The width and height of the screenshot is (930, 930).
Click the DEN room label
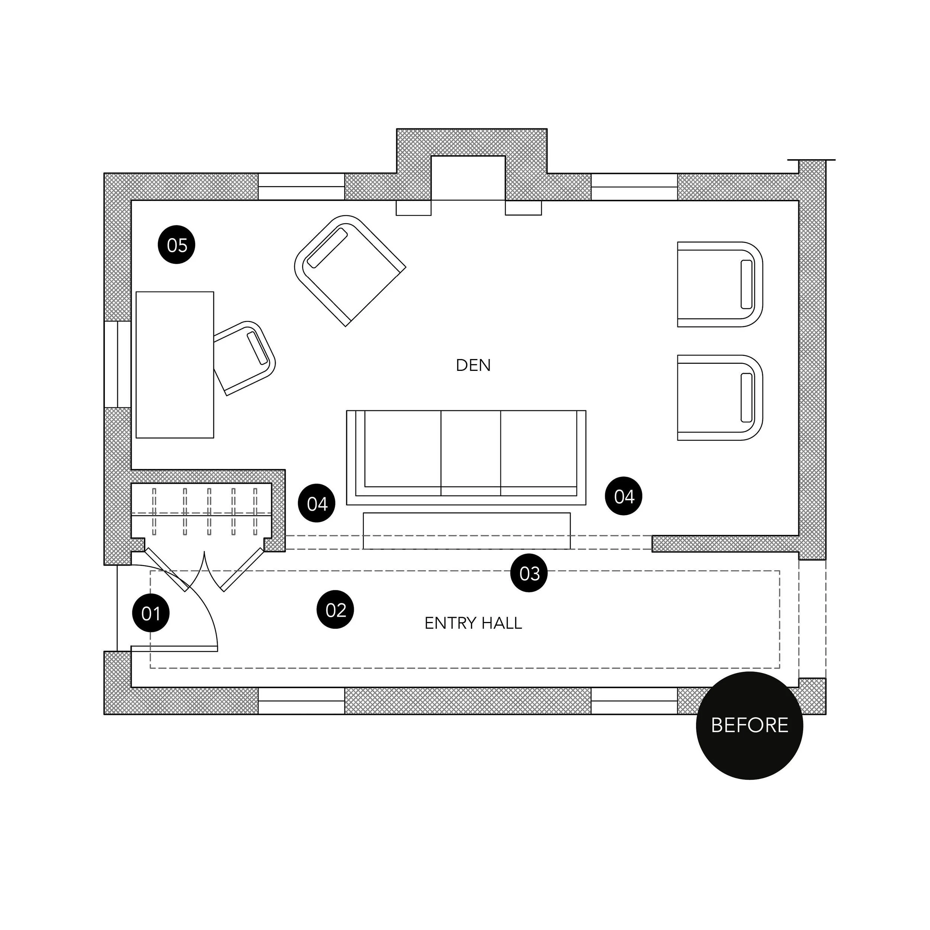[x=473, y=365]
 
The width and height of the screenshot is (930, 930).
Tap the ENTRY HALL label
[x=473, y=623]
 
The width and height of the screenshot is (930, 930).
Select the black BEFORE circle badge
[x=750, y=725]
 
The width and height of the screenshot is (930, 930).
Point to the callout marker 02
[x=336, y=610]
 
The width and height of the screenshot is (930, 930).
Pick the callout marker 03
[x=529, y=573]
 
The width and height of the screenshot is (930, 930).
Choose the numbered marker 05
[x=177, y=245]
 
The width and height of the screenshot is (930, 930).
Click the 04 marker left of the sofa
[x=317, y=504]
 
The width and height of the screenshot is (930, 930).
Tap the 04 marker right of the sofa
[x=624, y=496]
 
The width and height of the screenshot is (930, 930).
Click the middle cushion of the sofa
[x=471, y=450]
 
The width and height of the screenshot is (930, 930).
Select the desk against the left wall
[x=175, y=365]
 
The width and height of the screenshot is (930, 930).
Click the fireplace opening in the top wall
[x=468, y=178]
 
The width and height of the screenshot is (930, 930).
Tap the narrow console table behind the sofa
[x=466, y=531]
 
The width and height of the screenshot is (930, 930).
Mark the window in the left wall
[x=118, y=365]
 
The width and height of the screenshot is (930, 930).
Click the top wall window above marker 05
[x=302, y=187]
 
